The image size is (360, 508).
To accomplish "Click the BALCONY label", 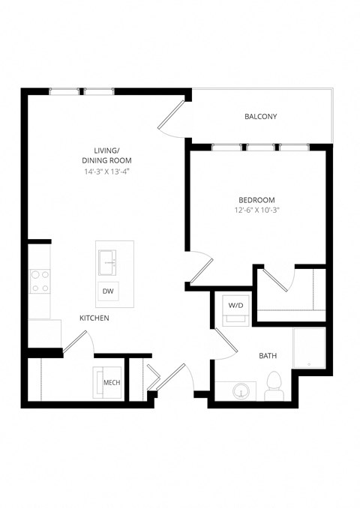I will pyautogui.click(x=260, y=117).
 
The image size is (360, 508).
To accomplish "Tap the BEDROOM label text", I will pyautogui.click(x=256, y=200).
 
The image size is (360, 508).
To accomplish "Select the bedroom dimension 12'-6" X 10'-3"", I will pyautogui.click(x=256, y=211).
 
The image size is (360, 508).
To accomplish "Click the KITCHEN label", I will pyautogui.click(x=95, y=318).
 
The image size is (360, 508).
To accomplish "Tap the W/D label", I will pyautogui.click(x=235, y=305).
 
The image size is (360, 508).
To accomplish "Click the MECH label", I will pyautogui.click(x=112, y=384).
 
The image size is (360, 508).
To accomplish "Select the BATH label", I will pyautogui.click(x=268, y=356).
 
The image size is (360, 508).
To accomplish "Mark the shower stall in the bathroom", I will pyautogui.click(x=309, y=349).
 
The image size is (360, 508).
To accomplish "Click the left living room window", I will pyautogui.click(x=64, y=92).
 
